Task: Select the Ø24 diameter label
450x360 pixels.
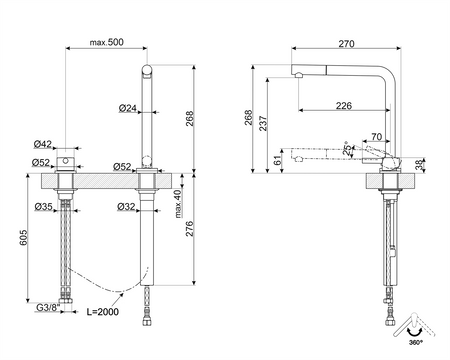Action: pos(127,108)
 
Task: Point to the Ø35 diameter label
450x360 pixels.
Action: pos(43,206)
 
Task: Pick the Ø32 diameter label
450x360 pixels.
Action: pos(127,206)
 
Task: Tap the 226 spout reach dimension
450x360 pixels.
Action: pos(344,105)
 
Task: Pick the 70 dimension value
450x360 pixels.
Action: pos(376,136)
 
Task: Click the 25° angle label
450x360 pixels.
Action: pos(346,149)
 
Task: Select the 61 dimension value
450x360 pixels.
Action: pos(277,158)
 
